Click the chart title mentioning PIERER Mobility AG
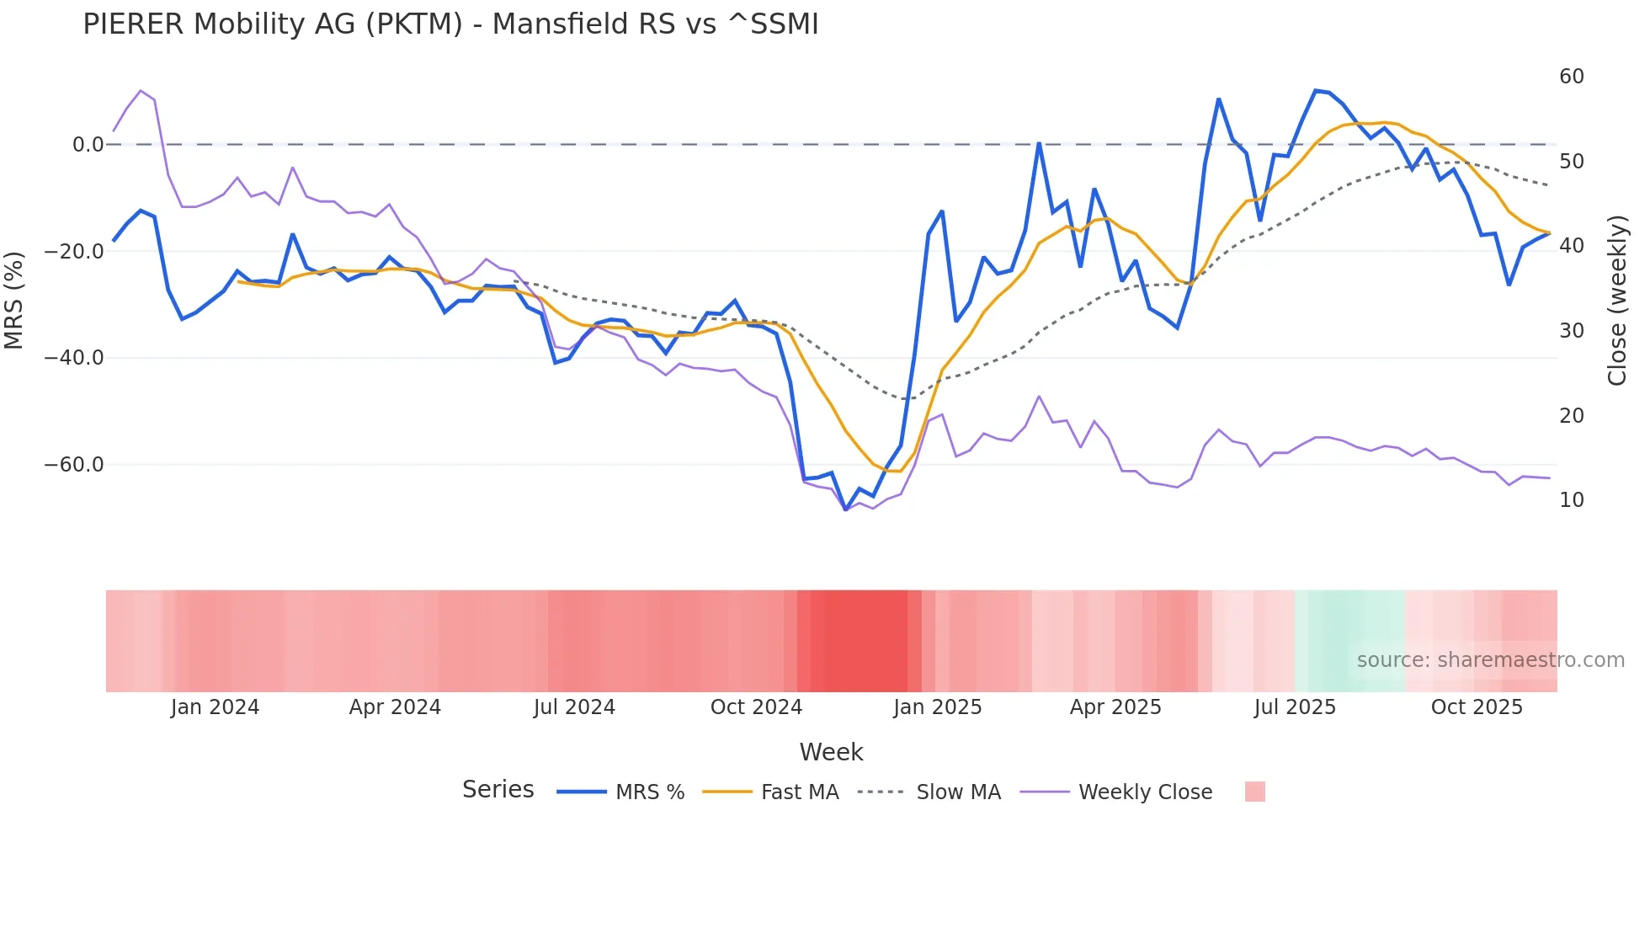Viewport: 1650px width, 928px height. click(450, 24)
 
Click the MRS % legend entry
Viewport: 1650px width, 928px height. click(649, 792)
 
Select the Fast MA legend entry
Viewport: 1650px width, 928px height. click(799, 792)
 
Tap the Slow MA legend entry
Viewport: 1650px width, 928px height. click(958, 792)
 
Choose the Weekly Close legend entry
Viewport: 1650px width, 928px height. click(1145, 792)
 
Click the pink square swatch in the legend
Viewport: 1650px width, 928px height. click(1254, 792)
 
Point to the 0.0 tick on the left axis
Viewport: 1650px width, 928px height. click(88, 145)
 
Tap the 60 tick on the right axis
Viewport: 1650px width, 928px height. click(1571, 77)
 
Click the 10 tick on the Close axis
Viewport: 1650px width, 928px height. click(1571, 500)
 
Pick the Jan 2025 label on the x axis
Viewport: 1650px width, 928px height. click(937, 707)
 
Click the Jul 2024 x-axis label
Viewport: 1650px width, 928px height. click(574, 707)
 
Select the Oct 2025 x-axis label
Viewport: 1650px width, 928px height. click(1477, 707)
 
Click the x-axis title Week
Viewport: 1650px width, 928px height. click(831, 752)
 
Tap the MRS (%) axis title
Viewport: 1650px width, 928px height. click(14, 300)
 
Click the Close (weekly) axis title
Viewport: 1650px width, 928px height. click(1616, 300)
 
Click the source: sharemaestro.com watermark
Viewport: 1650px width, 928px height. click(1490, 660)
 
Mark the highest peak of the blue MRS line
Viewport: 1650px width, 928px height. click(1315, 90)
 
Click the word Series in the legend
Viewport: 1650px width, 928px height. click(498, 790)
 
